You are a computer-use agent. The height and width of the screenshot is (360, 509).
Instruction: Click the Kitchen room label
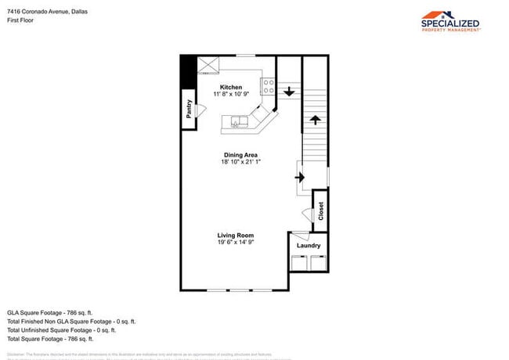tap(230, 87)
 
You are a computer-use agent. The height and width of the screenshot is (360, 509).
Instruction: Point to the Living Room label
tap(236, 235)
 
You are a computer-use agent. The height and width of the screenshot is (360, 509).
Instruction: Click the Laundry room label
tap(309, 246)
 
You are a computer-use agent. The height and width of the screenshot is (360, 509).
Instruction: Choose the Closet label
tap(320, 211)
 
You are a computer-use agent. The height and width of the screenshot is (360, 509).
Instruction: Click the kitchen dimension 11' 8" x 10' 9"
tap(231, 94)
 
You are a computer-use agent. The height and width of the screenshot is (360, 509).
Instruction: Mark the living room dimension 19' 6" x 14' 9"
tap(236, 243)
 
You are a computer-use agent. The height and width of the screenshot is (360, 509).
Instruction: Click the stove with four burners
tap(267, 86)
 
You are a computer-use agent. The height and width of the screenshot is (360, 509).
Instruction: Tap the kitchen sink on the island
tap(238, 121)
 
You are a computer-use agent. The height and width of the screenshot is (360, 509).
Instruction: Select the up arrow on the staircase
tap(315, 120)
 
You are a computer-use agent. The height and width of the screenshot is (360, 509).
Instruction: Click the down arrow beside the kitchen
tap(288, 92)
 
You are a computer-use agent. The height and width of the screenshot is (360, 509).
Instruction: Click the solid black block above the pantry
tap(188, 72)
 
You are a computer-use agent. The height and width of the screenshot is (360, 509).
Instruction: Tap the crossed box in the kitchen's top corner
tap(208, 64)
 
